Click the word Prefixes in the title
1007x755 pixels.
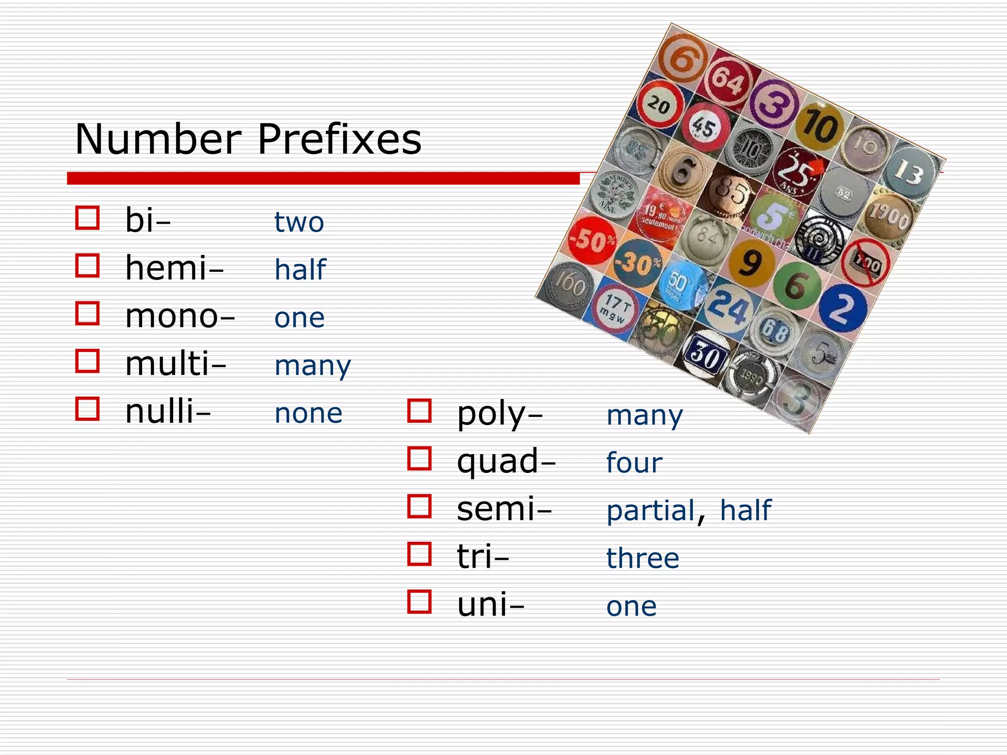pos(339,139)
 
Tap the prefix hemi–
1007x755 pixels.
pos(174,268)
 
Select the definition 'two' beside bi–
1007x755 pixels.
pos(299,222)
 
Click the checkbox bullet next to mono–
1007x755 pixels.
pos(88,314)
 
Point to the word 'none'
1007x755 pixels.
pos(308,413)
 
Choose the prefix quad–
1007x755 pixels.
pos(505,462)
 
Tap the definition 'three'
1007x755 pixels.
pos(643,558)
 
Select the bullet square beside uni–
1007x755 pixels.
pos(419,602)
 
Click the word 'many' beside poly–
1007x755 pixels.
pos(645,416)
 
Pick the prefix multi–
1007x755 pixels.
pos(176,364)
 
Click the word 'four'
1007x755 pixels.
pos(634,463)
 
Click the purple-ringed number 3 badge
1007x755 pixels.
pos(773,104)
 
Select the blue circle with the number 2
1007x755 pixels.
pos(843,308)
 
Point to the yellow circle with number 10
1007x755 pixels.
pos(819,127)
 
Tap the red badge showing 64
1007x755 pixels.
pos(728,80)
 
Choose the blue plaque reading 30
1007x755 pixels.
pos(705,354)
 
